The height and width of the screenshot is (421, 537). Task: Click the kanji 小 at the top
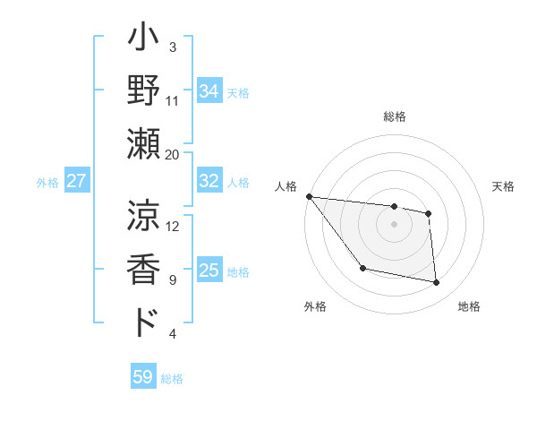pyautogui.click(x=144, y=41)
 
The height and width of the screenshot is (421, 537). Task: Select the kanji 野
pyautogui.click(x=144, y=93)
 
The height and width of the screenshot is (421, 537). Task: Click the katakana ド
pyautogui.click(x=144, y=322)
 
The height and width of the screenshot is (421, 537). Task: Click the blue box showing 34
pyautogui.click(x=209, y=91)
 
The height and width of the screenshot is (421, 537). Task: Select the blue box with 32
pyautogui.click(x=209, y=182)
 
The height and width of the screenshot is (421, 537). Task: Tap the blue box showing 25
pyautogui.click(x=209, y=271)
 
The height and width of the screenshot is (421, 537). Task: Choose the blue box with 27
pyautogui.click(x=76, y=182)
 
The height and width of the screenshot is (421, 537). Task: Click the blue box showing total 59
pyautogui.click(x=143, y=377)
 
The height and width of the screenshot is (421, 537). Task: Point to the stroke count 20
pyautogui.click(x=173, y=154)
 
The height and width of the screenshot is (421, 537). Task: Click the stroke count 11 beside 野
pyautogui.click(x=173, y=100)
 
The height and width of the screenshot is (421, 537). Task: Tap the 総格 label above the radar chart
pyautogui.click(x=394, y=116)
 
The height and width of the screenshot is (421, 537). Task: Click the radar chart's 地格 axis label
pyautogui.click(x=469, y=307)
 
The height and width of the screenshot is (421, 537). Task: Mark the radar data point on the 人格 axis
pyautogui.click(x=309, y=196)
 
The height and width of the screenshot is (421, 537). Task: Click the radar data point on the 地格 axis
pyautogui.click(x=437, y=283)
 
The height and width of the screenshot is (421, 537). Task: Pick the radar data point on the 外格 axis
pyautogui.click(x=362, y=268)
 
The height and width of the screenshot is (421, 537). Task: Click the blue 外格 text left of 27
pyautogui.click(x=47, y=183)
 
